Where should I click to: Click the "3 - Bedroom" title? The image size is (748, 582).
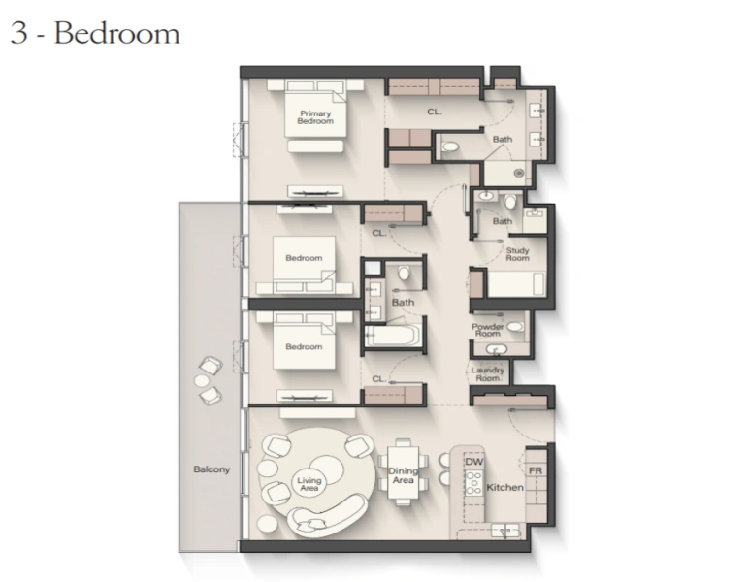coord(95,33)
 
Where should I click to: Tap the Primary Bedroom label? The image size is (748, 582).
coord(315,116)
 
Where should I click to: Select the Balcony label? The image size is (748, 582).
coord(211,469)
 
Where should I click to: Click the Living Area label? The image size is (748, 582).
coord(309,483)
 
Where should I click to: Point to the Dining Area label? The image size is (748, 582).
coord(403,475)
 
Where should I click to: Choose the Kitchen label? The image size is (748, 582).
coord(504,487)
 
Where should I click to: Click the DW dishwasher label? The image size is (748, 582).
coord(473,462)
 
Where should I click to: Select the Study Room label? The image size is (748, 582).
coord(517,253)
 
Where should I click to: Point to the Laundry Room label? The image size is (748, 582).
coord(488,373)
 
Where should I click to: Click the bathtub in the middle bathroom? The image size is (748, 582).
coord(392,338)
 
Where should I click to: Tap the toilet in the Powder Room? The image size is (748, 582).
coord(514,327)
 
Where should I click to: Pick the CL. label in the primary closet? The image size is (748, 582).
coord(434,112)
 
